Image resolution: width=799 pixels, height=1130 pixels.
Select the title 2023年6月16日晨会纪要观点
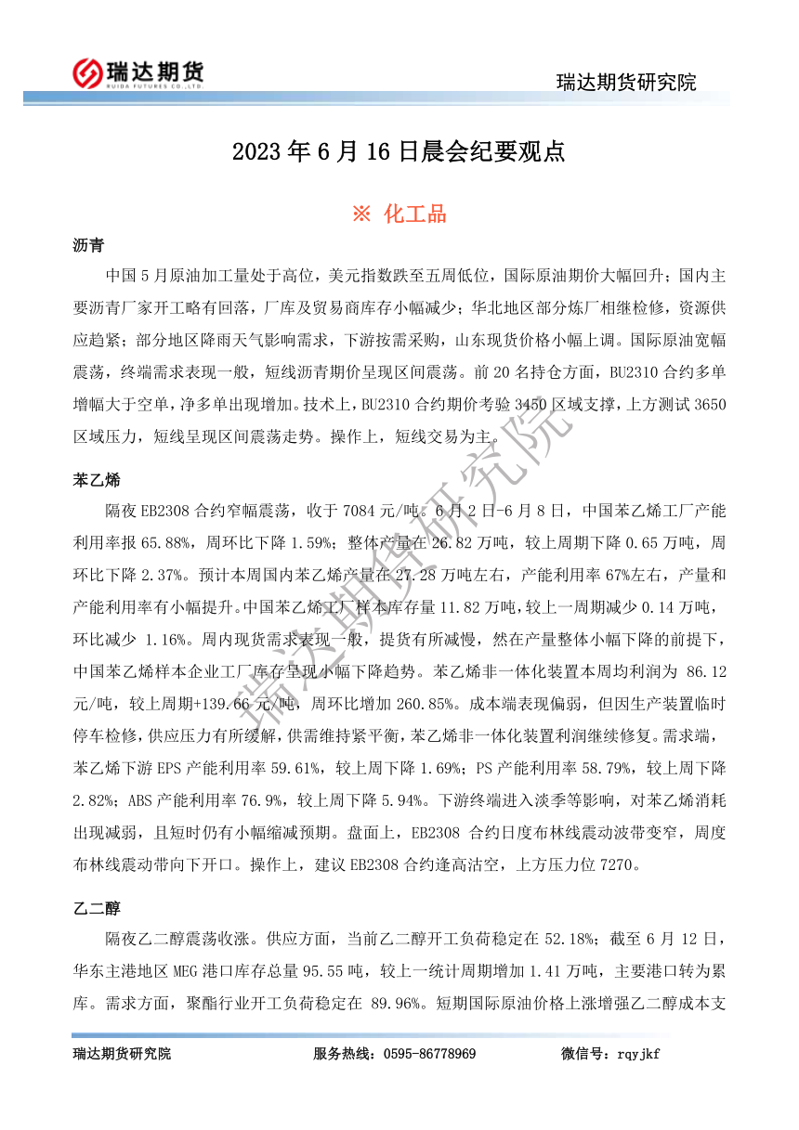[399, 152]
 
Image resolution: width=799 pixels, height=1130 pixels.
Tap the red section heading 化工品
[399, 214]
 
